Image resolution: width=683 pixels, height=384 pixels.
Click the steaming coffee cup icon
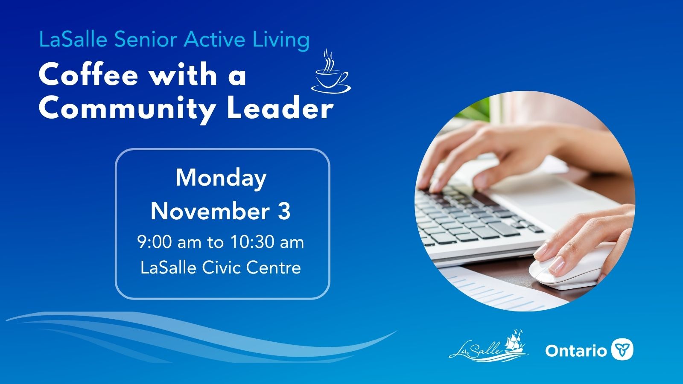[x=331, y=71]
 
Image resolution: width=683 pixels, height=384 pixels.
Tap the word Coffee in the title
[x=88, y=75]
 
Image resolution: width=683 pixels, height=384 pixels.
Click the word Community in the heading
[x=128, y=110]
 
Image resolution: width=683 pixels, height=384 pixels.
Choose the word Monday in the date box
[x=221, y=179]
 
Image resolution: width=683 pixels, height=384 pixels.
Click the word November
[x=210, y=211]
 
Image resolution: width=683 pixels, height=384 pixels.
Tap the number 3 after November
[x=284, y=211]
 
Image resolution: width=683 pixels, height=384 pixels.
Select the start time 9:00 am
[x=169, y=242]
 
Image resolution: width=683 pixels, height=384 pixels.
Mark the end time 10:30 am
[x=267, y=242]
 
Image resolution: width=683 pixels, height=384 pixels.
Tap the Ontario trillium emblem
[x=622, y=349]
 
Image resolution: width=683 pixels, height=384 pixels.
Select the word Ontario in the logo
[x=576, y=350]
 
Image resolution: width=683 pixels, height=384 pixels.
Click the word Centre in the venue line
[x=274, y=268]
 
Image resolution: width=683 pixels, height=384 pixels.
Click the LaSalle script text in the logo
[x=476, y=350]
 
